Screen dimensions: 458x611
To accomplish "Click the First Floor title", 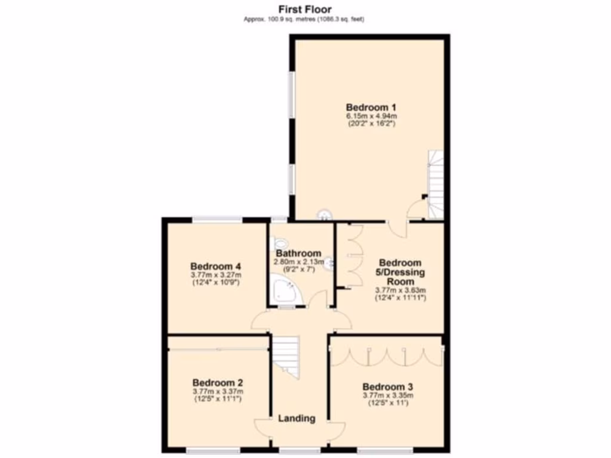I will pyautogui.click(x=304, y=9).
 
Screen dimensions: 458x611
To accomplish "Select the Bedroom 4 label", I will pyautogui.click(x=215, y=266).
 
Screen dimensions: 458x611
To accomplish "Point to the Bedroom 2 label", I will pyautogui.click(x=217, y=382).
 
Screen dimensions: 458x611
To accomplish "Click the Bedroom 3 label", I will pyautogui.click(x=387, y=386).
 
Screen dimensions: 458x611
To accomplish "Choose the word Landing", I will pyautogui.click(x=297, y=419).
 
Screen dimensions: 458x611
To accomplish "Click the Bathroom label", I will pyautogui.click(x=298, y=253).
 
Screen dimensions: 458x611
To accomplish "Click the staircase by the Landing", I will pyautogui.click(x=287, y=355).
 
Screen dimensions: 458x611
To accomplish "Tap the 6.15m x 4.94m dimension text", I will pyautogui.click(x=372, y=116).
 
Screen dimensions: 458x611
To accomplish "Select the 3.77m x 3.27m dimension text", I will pyautogui.click(x=215, y=275).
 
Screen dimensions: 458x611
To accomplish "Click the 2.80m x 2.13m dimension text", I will pyautogui.click(x=298, y=262).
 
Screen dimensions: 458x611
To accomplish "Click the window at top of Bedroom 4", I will pyautogui.click(x=217, y=219).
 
